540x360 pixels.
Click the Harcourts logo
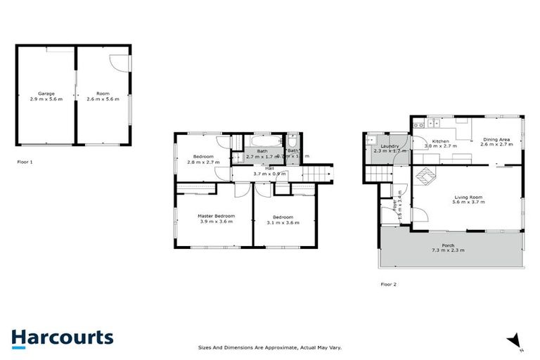click(62, 337)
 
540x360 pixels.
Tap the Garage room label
click(46, 96)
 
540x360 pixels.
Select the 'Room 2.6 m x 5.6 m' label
click(103, 96)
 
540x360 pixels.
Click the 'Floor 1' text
click(25, 162)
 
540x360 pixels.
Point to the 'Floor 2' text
click(389, 284)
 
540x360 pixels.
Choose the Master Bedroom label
click(215, 219)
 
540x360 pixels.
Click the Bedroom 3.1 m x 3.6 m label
click(283, 219)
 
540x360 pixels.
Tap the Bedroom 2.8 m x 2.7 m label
click(203, 159)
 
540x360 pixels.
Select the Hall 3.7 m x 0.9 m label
click(269, 171)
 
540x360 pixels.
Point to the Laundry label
click(390, 148)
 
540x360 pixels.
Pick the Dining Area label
click(496, 142)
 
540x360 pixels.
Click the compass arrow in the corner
click(516, 340)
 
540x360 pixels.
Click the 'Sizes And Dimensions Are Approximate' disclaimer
click(269, 347)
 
